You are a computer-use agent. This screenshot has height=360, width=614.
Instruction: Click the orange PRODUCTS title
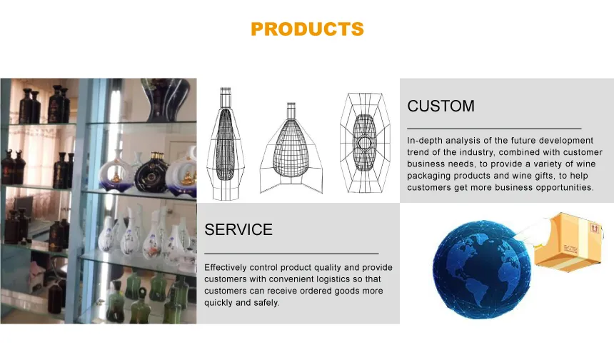308,29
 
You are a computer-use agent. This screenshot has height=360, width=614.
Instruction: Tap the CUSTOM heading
441,106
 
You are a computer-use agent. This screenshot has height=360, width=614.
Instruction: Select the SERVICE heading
238,229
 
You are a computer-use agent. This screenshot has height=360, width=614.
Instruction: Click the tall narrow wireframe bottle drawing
226,144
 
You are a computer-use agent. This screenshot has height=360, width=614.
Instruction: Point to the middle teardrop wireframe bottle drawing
291,149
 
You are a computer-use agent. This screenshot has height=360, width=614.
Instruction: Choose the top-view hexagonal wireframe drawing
365,143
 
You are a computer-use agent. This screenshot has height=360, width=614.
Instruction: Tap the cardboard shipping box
568,242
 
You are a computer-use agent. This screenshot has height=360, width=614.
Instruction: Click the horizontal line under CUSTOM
494,128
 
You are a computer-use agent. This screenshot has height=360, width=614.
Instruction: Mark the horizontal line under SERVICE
291,254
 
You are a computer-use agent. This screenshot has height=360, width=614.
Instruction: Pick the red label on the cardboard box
595,228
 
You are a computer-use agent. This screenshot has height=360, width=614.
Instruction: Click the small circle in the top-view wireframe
365,144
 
